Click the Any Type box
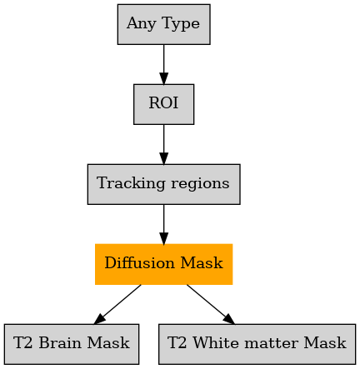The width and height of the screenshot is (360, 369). [x=164, y=24]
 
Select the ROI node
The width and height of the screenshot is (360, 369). [x=164, y=104]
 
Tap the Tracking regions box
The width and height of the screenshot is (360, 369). [x=164, y=184]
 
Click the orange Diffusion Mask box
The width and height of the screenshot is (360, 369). [x=164, y=264]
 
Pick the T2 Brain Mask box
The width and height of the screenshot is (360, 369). [x=72, y=344]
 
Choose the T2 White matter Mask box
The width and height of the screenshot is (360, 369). [x=257, y=344]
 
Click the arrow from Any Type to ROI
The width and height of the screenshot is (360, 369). [x=164, y=64]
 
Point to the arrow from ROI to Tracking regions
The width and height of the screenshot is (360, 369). [x=164, y=144]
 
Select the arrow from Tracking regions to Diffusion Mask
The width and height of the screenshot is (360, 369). [x=164, y=224]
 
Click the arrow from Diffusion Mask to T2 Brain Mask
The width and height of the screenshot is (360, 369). [x=117, y=304]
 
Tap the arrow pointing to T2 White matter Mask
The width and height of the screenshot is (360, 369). [x=211, y=304]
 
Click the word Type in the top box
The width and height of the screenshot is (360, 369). [x=181, y=24]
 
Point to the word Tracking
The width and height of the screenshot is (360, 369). [x=132, y=183]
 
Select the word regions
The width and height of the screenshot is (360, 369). [x=200, y=184]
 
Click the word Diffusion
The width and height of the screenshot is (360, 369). [x=140, y=262]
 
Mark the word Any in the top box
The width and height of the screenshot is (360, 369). [x=142, y=24]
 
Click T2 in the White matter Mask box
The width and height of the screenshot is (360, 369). [x=177, y=342]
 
